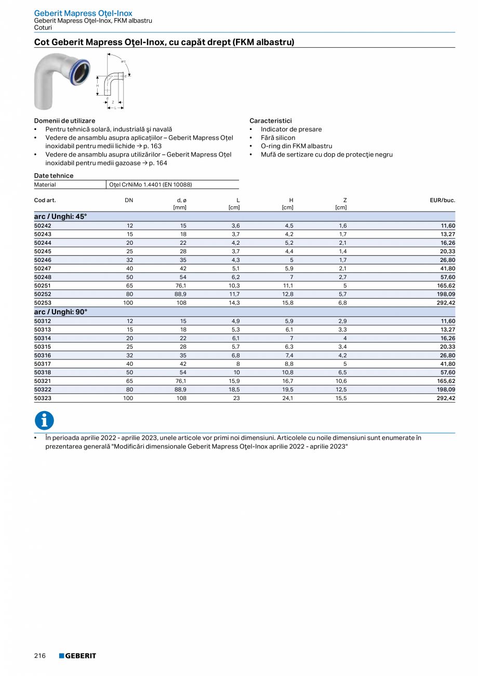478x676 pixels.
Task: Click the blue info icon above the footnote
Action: (44, 420)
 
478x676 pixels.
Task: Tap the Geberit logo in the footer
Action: (77, 656)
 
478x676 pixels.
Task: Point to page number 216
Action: (40, 656)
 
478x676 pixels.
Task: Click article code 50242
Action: (43, 226)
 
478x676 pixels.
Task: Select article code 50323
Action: (43, 398)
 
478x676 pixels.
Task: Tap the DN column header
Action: (129, 200)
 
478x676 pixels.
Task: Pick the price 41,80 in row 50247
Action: (447, 268)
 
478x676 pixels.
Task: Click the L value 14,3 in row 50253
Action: (234, 302)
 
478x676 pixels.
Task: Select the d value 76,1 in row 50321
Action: (181, 381)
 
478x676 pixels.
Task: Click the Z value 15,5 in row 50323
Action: (341, 398)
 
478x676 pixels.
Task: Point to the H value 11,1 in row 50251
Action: (288, 285)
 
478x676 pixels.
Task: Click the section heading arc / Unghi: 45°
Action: (61, 216)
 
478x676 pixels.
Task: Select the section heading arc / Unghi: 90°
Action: (61, 312)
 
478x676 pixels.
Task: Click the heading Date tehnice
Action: (54, 176)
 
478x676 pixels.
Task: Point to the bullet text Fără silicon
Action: (278, 138)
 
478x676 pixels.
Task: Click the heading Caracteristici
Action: (271, 121)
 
